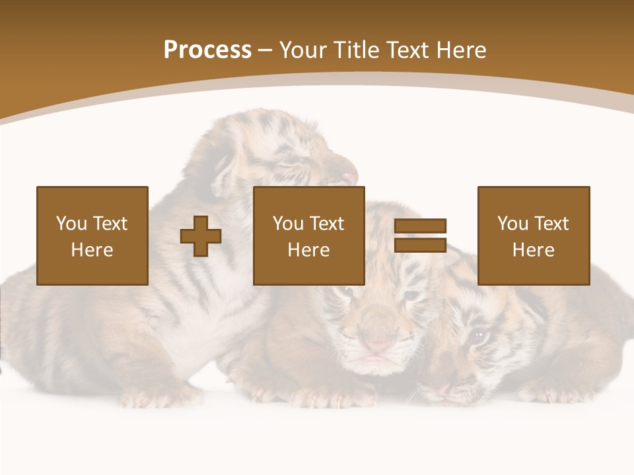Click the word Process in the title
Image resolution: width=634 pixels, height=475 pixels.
207,50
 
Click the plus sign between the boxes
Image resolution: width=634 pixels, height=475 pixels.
201,236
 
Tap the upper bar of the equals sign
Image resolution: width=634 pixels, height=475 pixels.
420,226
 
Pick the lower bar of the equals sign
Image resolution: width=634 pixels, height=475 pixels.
420,245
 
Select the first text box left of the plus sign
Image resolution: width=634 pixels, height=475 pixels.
92,236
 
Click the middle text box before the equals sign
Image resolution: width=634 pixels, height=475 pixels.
308,236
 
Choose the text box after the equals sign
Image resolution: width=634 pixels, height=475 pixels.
533,236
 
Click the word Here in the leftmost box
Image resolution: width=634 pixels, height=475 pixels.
92,250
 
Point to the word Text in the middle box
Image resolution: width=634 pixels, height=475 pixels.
327,224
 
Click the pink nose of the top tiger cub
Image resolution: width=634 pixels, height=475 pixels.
350,178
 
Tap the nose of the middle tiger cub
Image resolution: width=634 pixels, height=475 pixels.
378,345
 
